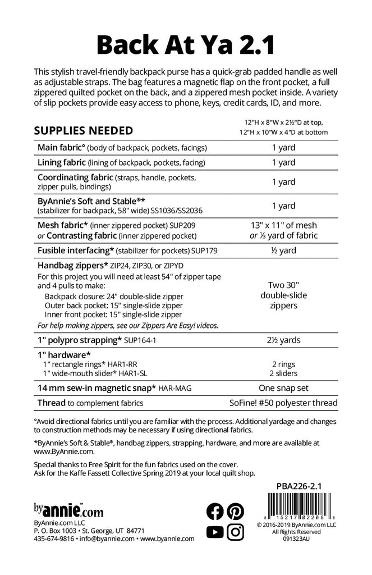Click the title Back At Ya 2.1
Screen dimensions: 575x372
click(x=186, y=44)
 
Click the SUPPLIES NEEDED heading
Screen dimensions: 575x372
click(x=84, y=131)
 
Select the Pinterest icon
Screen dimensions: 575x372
click(x=236, y=510)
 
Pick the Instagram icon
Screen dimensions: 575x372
click(x=236, y=531)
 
